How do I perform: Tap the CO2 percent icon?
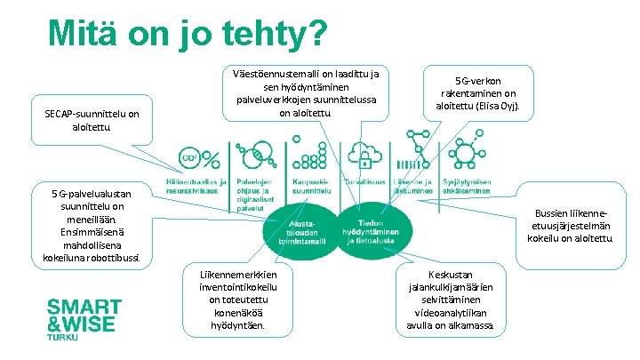click(x=199, y=157)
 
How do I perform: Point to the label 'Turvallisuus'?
click(x=364, y=182)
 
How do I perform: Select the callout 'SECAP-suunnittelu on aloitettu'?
click(x=92, y=120)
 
